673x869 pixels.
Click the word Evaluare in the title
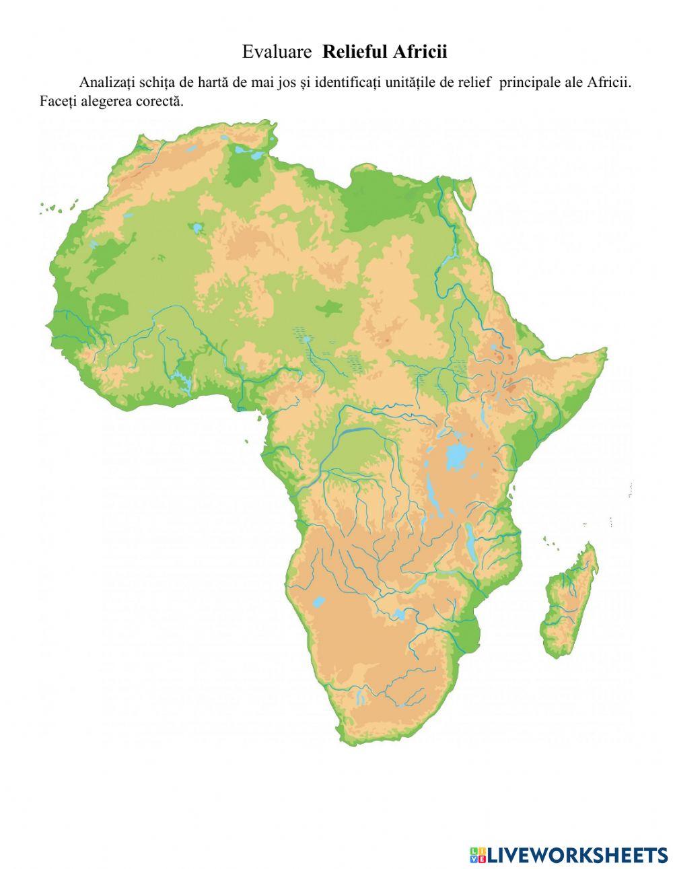click(x=277, y=52)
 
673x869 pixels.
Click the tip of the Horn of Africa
click(x=606, y=351)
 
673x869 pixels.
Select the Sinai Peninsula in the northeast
click(x=463, y=192)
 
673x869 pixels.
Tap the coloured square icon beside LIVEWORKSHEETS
click(x=477, y=855)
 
